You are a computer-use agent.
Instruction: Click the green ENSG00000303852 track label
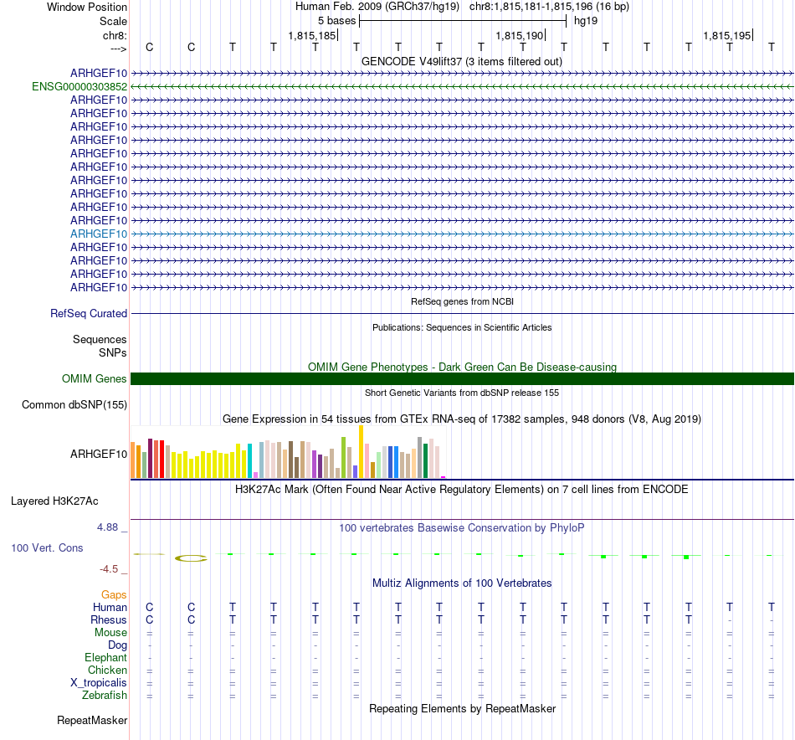pos(79,86)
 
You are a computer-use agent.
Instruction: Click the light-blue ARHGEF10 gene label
pos(99,234)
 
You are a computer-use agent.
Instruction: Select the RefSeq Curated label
pos(89,313)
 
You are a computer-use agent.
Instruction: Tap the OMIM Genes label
pos(95,378)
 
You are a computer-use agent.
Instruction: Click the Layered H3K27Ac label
pos(54,501)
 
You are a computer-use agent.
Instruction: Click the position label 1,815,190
pos(520,36)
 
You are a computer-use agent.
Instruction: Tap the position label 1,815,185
pos(312,36)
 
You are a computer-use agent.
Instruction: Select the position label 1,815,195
pos(727,36)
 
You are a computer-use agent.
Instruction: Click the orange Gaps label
pos(114,594)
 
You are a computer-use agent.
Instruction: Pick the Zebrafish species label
pos(105,695)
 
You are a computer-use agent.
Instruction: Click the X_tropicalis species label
pos(99,682)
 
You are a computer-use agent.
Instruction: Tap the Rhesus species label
pos(109,619)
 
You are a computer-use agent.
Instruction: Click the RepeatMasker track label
pos(92,720)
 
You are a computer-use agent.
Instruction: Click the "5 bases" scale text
pos(336,20)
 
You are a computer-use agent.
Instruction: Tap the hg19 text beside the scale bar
pos(585,20)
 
